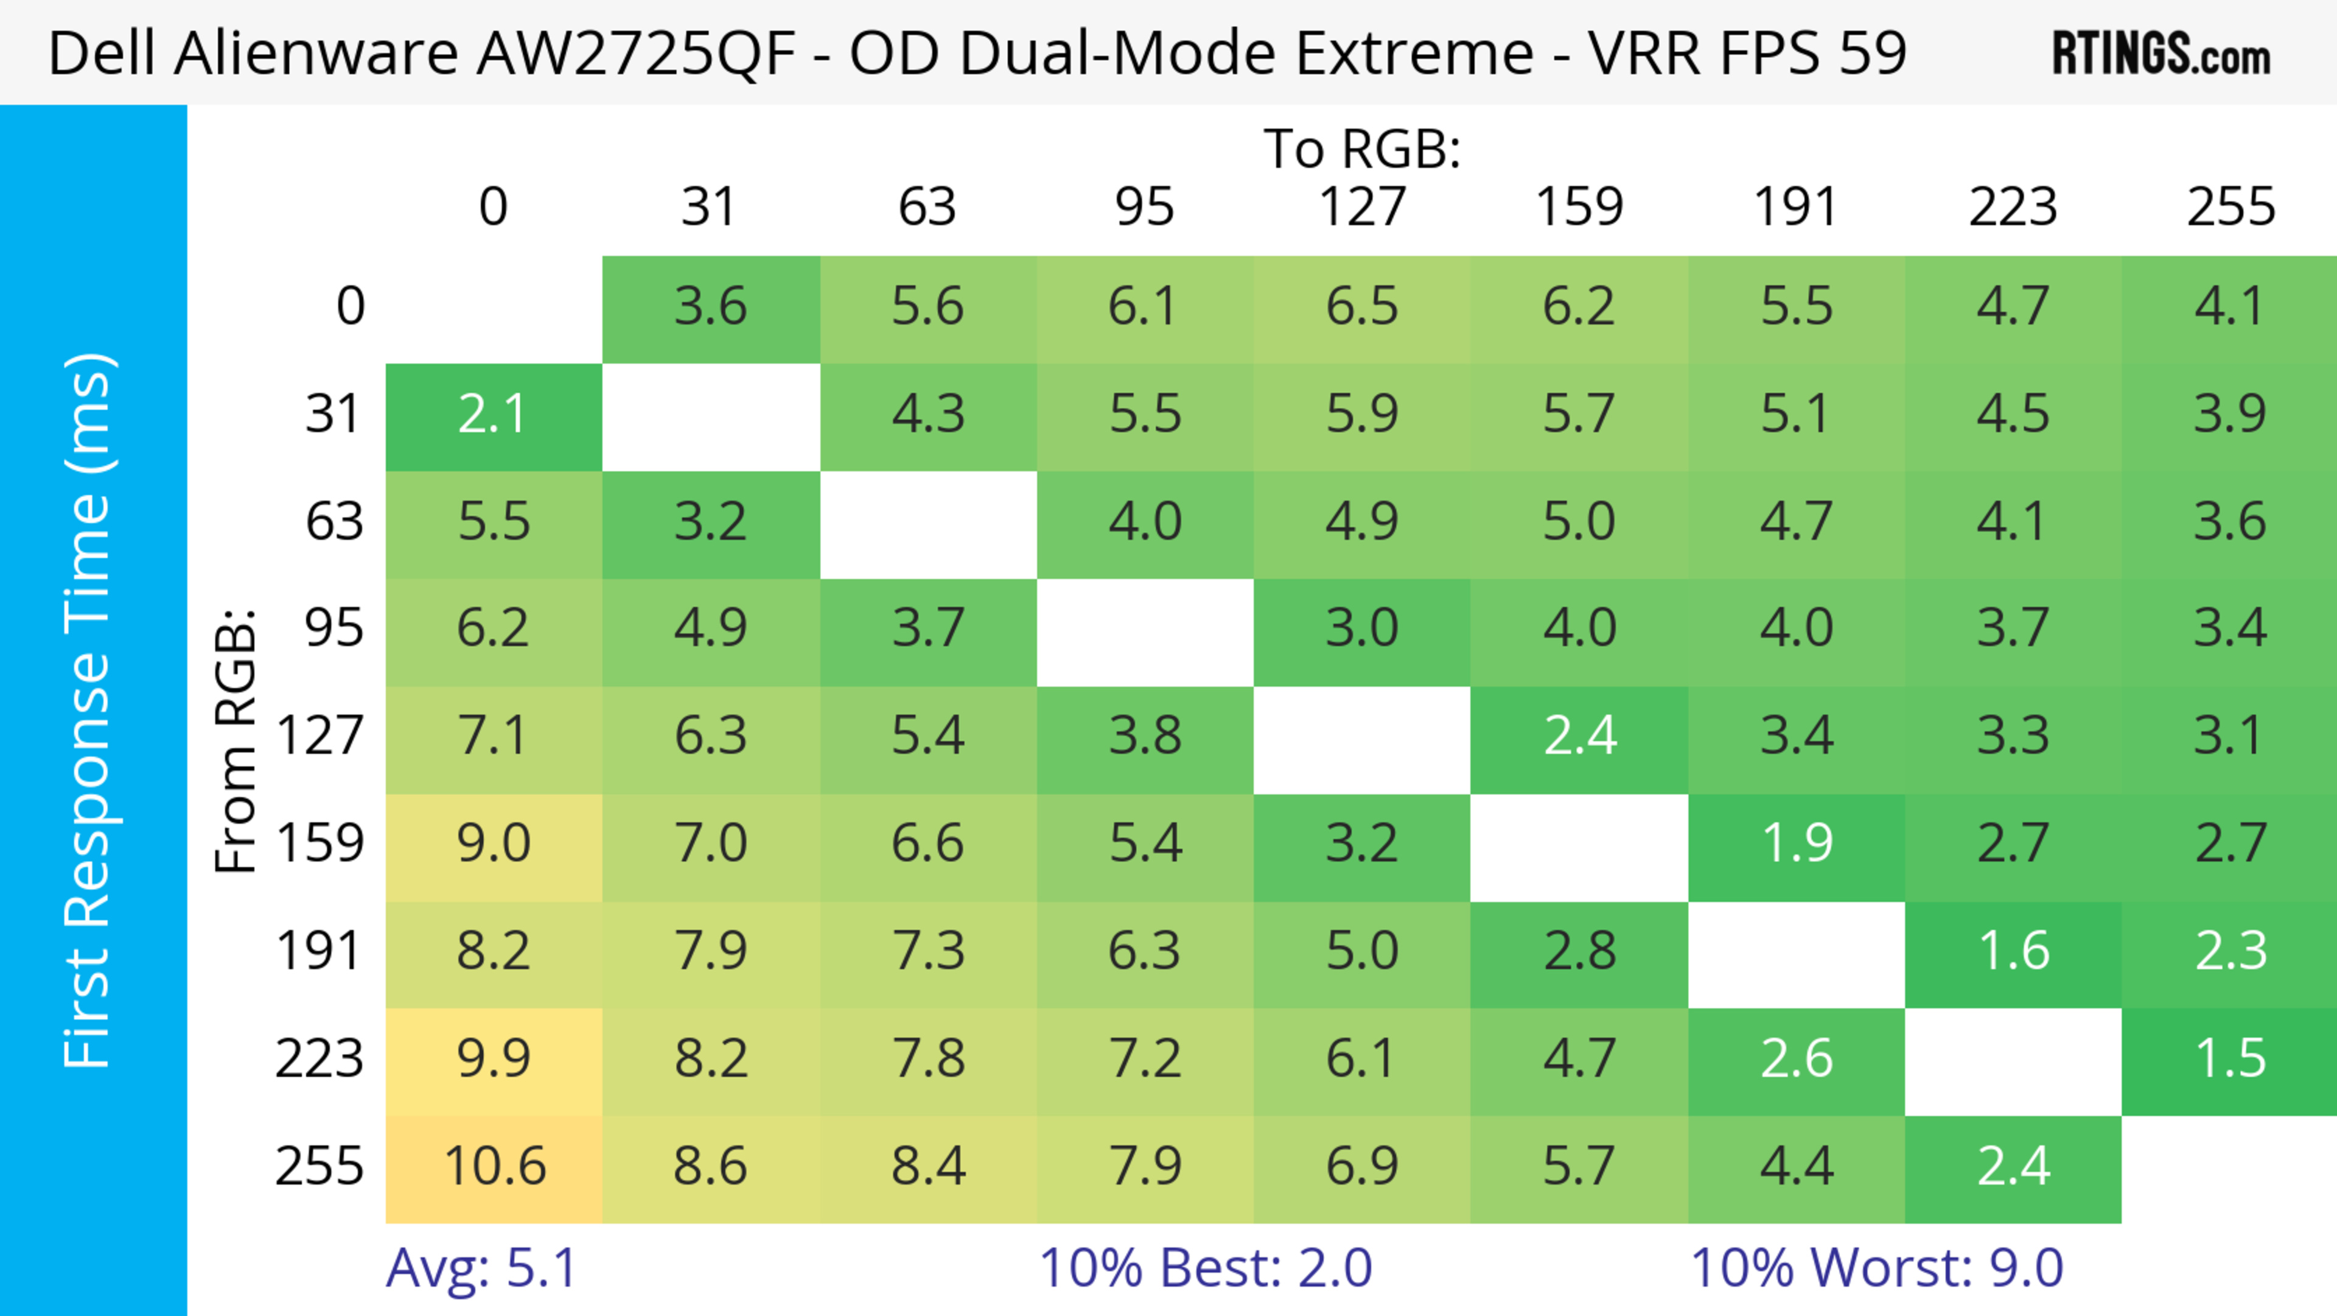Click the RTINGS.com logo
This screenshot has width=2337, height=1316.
(x=2161, y=54)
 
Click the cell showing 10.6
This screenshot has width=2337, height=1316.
(x=494, y=1167)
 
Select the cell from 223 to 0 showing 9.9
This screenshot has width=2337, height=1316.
(x=494, y=1059)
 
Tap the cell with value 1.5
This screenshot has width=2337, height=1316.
(x=2230, y=1059)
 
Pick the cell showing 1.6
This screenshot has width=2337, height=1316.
(x=2013, y=952)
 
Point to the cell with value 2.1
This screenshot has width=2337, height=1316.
(x=494, y=415)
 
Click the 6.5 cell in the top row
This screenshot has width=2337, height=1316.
(x=1362, y=307)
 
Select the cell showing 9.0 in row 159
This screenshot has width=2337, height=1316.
(x=494, y=844)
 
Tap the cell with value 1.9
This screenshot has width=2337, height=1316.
(x=1797, y=844)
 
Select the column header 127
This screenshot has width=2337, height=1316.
(x=1362, y=208)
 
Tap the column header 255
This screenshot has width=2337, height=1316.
(x=2230, y=208)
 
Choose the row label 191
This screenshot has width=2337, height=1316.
(x=320, y=952)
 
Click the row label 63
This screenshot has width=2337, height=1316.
(x=334, y=522)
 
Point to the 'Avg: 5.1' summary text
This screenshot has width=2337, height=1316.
(x=481, y=1268)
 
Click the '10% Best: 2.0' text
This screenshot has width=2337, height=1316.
(x=1205, y=1268)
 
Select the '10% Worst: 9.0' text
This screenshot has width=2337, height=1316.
(x=1876, y=1268)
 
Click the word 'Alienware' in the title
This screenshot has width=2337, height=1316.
(x=316, y=54)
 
